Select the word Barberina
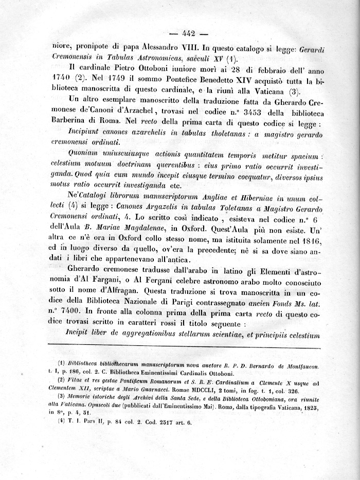70,124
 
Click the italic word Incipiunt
84,135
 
